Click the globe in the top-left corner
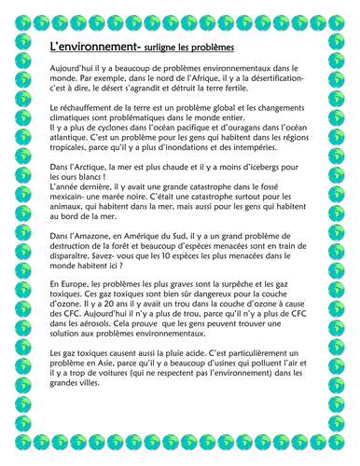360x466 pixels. click(x=18, y=15)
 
